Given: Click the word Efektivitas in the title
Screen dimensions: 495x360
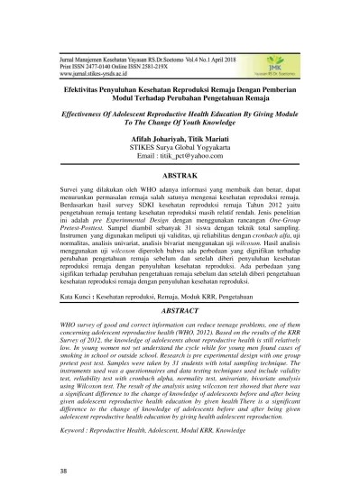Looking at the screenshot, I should pyautogui.click(x=76, y=91).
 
